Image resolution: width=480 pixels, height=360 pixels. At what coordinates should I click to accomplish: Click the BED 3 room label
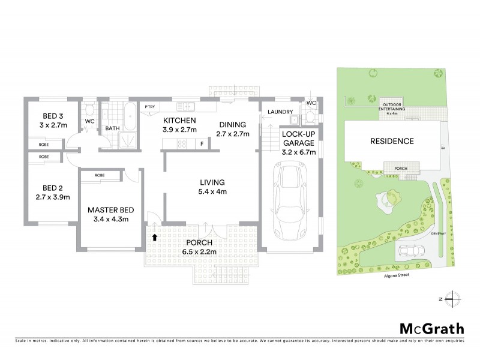(x=53, y=116)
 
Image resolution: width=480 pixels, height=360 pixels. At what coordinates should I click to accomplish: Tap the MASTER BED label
(x=110, y=210)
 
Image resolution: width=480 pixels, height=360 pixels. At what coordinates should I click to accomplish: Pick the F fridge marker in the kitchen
(x=202, y=143)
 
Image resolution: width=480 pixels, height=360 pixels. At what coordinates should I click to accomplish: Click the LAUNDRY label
(x=280, y=112)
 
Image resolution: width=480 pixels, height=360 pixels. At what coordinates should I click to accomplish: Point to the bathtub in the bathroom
(x=128, y=111)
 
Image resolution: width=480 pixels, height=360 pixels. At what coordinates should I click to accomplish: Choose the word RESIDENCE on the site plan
(x=391, y=142)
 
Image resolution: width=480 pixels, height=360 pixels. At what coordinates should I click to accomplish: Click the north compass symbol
(x=454, y=298)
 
